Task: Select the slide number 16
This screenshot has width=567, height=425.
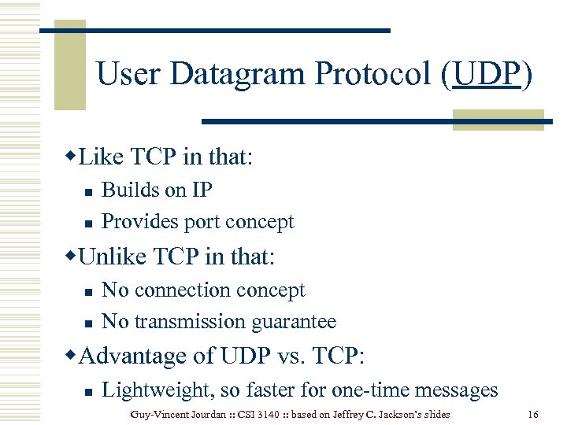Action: click(x=533, y=414)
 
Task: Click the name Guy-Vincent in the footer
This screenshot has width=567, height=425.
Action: click(x=158, y=414)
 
